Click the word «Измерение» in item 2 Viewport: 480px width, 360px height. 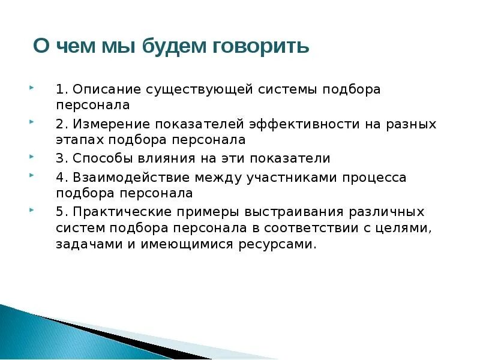110,124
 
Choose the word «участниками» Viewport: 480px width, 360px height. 290,178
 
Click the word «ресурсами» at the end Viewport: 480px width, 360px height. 283,244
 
